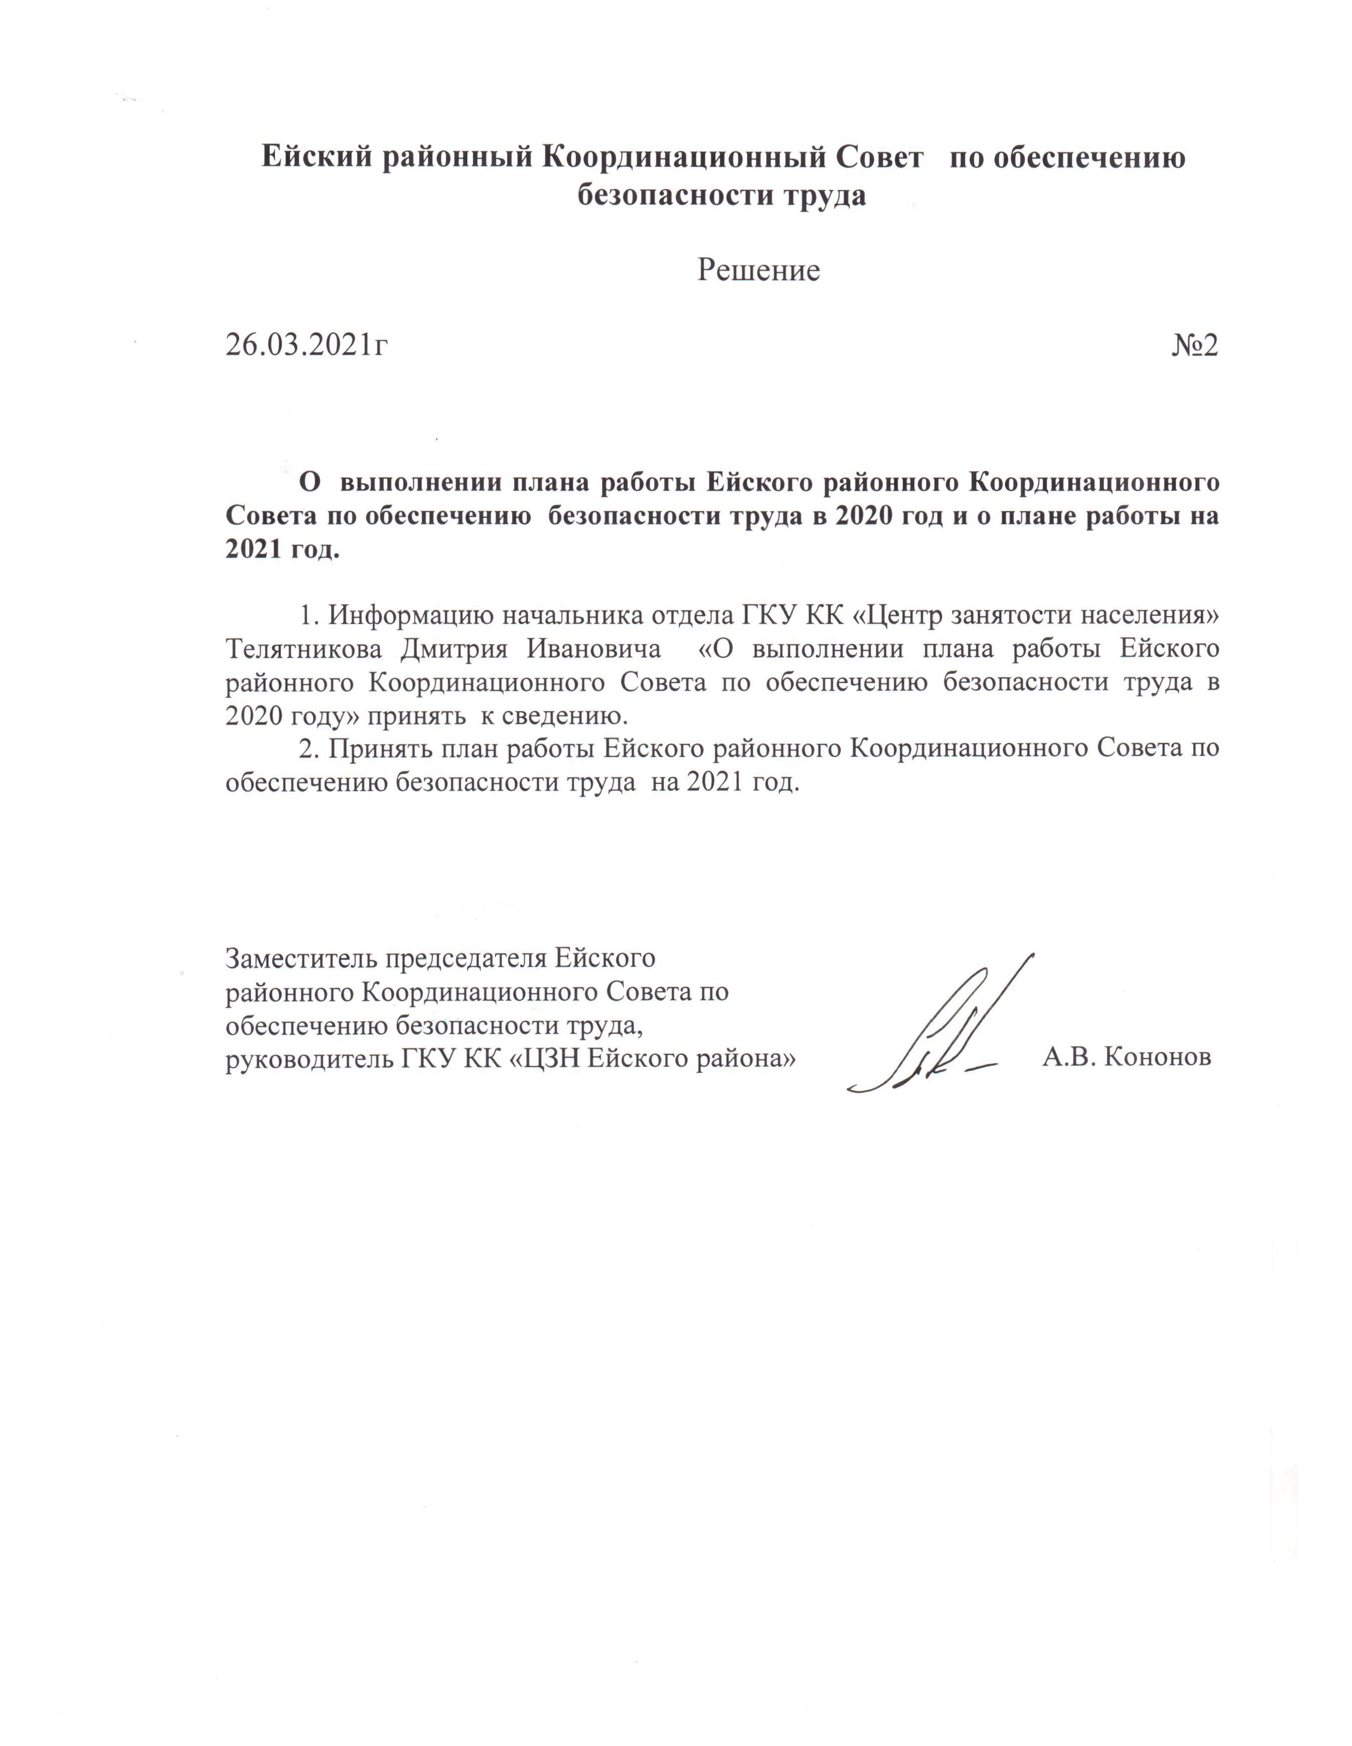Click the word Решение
[x=758, y=270]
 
